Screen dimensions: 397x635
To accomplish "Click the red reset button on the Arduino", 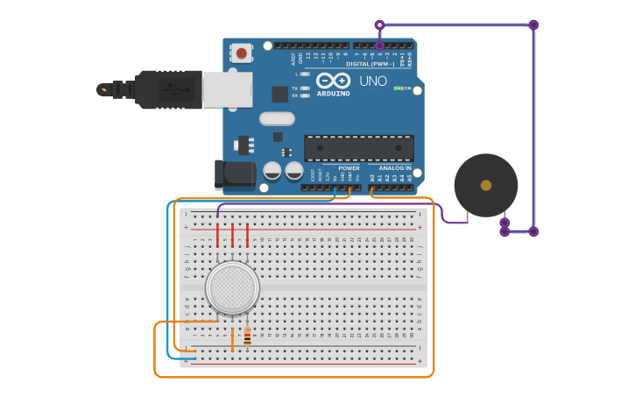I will coord(242,53).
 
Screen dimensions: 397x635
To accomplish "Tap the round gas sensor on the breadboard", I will coord(232,287).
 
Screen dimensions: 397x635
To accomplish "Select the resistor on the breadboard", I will coord(247,337).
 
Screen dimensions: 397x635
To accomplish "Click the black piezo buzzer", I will coord(485,185).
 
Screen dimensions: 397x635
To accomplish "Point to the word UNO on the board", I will coord(373,81).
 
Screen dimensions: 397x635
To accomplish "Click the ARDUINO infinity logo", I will coord(333,81).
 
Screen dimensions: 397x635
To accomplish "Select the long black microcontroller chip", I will coord(358,148).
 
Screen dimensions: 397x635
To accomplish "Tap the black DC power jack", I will coord(234,174).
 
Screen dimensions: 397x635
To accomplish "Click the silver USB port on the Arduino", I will coord(228,89).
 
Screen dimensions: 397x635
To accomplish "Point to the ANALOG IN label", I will coord(394,167).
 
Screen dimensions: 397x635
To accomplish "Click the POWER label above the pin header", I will coord(349,167).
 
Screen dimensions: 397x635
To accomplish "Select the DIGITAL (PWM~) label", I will coord(370,63).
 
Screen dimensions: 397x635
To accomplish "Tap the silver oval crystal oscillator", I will coord(277,118).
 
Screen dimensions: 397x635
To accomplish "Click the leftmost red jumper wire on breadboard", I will coord(217,235).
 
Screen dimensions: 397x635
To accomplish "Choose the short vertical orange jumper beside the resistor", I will coord(232,339).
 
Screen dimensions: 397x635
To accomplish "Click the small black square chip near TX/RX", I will coord(279,94).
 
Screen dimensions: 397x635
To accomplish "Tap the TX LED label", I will coord(295,88).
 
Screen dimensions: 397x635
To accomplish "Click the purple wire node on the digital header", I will coord(379,45).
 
